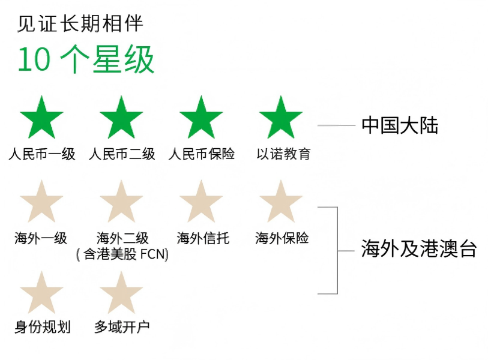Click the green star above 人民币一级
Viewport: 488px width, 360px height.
click(x=41, y=118)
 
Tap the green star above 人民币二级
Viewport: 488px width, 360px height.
click(x=121, y=118)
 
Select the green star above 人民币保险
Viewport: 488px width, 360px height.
click(x=201, y=118)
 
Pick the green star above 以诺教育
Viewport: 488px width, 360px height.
click(x=281, y=118)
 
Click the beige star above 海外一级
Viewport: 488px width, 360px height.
click(x=41, y=202)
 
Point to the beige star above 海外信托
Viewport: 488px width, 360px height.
click(x=201, y=202)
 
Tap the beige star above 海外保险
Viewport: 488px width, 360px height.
click(x=281, y=202)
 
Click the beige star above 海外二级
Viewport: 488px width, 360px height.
click(x=121, y=202)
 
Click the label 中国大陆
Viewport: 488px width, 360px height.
click(x=400, y=125)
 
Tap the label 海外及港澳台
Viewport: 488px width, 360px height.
click(x=419, y=248)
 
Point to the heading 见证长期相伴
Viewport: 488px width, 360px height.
click(x=80, y=23)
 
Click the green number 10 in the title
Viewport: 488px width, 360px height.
click(x=34, y=59)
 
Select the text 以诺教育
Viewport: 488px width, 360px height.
click(x=283, y=154)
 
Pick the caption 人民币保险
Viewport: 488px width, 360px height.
click(x=201, y=154)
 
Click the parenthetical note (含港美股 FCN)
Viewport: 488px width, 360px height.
click(x=122, y=254)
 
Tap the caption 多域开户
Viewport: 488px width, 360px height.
click(x=122, y=327)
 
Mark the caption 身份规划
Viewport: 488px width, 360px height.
click(x=43, y=327)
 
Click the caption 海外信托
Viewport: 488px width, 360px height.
click(x=203, y=238)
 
